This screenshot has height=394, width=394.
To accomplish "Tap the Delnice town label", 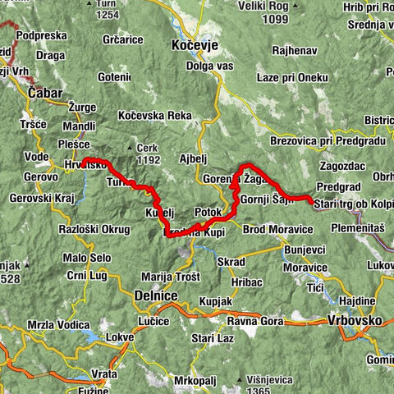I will point(153,294).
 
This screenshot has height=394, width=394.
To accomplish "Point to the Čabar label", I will point(44,94).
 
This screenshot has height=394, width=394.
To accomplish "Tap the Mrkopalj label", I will point(194,381).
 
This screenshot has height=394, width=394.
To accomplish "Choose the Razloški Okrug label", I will point(87,229).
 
